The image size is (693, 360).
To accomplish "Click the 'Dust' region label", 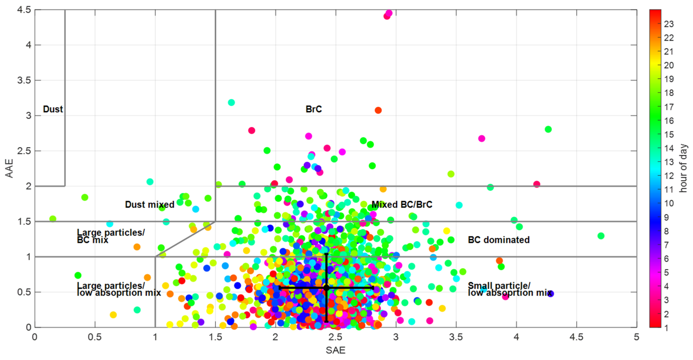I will [x=53, y=109].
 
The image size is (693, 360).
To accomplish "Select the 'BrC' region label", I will [x=314, y=109].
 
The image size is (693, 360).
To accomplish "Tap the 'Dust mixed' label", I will [x=150, y=204].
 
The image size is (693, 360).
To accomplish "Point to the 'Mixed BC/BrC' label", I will [x=402, y=204].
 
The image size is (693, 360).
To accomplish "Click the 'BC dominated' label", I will [x=499, y=240].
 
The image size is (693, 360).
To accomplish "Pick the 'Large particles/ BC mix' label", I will [x=110, y=236].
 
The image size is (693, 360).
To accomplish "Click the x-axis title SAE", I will [x=335, y=350].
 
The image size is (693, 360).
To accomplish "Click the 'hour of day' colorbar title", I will [x=683, y=168].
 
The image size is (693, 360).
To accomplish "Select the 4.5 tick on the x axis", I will [x=576, y=337].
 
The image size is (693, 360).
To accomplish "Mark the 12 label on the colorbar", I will [x=669, y=176].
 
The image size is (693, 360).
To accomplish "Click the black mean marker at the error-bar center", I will [x=326, y=288].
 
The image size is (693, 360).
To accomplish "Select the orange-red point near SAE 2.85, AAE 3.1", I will [x=378, y=110].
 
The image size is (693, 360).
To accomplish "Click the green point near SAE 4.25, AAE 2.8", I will [x=548, y=129].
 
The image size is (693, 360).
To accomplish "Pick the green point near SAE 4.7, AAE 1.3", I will [x=601, y=236].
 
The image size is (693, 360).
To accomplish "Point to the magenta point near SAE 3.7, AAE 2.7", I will [x=481, y=139].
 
